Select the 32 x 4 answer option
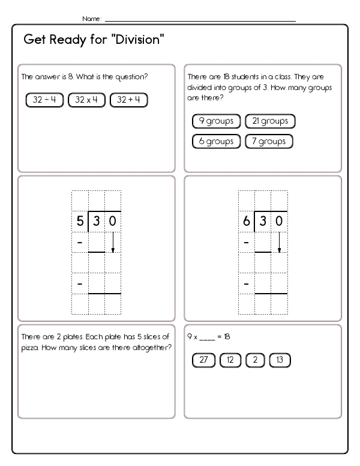(x=87, y=100)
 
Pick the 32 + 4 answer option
(x=129, y=100)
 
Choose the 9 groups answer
(x=216, y=121)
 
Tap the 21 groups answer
(x=271, y=121)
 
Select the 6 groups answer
(x=216, y=142)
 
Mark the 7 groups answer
(x=269, y=142)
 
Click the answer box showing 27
(x=203, y=360)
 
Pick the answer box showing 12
(x=230, y=360)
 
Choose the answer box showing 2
(x=254, y=360)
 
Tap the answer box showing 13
(x=280, y=360)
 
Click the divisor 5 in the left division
(x=80, y=222)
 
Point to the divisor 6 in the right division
(x=246, y=222)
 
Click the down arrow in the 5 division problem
(x=113, y=242)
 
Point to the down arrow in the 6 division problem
(x=279, y=242)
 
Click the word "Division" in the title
(x=137, y=40)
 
